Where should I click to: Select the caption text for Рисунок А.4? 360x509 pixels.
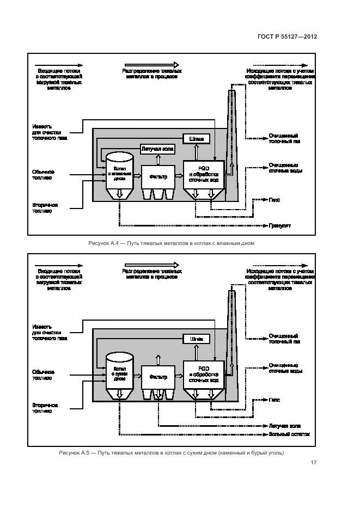[171, 243]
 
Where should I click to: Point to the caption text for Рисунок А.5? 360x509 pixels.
[171, 453]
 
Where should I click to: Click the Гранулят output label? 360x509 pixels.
[279, 224]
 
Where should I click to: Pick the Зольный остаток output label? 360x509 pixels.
[289, 434]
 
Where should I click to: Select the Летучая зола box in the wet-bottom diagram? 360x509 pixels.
[158, 148]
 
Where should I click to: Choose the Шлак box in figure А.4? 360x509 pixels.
[197, 139]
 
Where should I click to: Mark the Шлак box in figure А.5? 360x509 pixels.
[197, 339]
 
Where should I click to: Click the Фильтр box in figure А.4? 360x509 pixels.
[158, 176]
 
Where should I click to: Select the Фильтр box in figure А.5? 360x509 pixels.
[158, 376]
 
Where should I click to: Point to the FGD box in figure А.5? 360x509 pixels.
[203, 375]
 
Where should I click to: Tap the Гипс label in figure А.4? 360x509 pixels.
[274, 200]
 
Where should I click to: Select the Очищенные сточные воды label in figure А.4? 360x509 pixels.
[285, 168]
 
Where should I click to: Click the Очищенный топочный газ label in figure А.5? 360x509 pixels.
[284, 339]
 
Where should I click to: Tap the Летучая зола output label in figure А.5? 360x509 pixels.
[285, 426]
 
